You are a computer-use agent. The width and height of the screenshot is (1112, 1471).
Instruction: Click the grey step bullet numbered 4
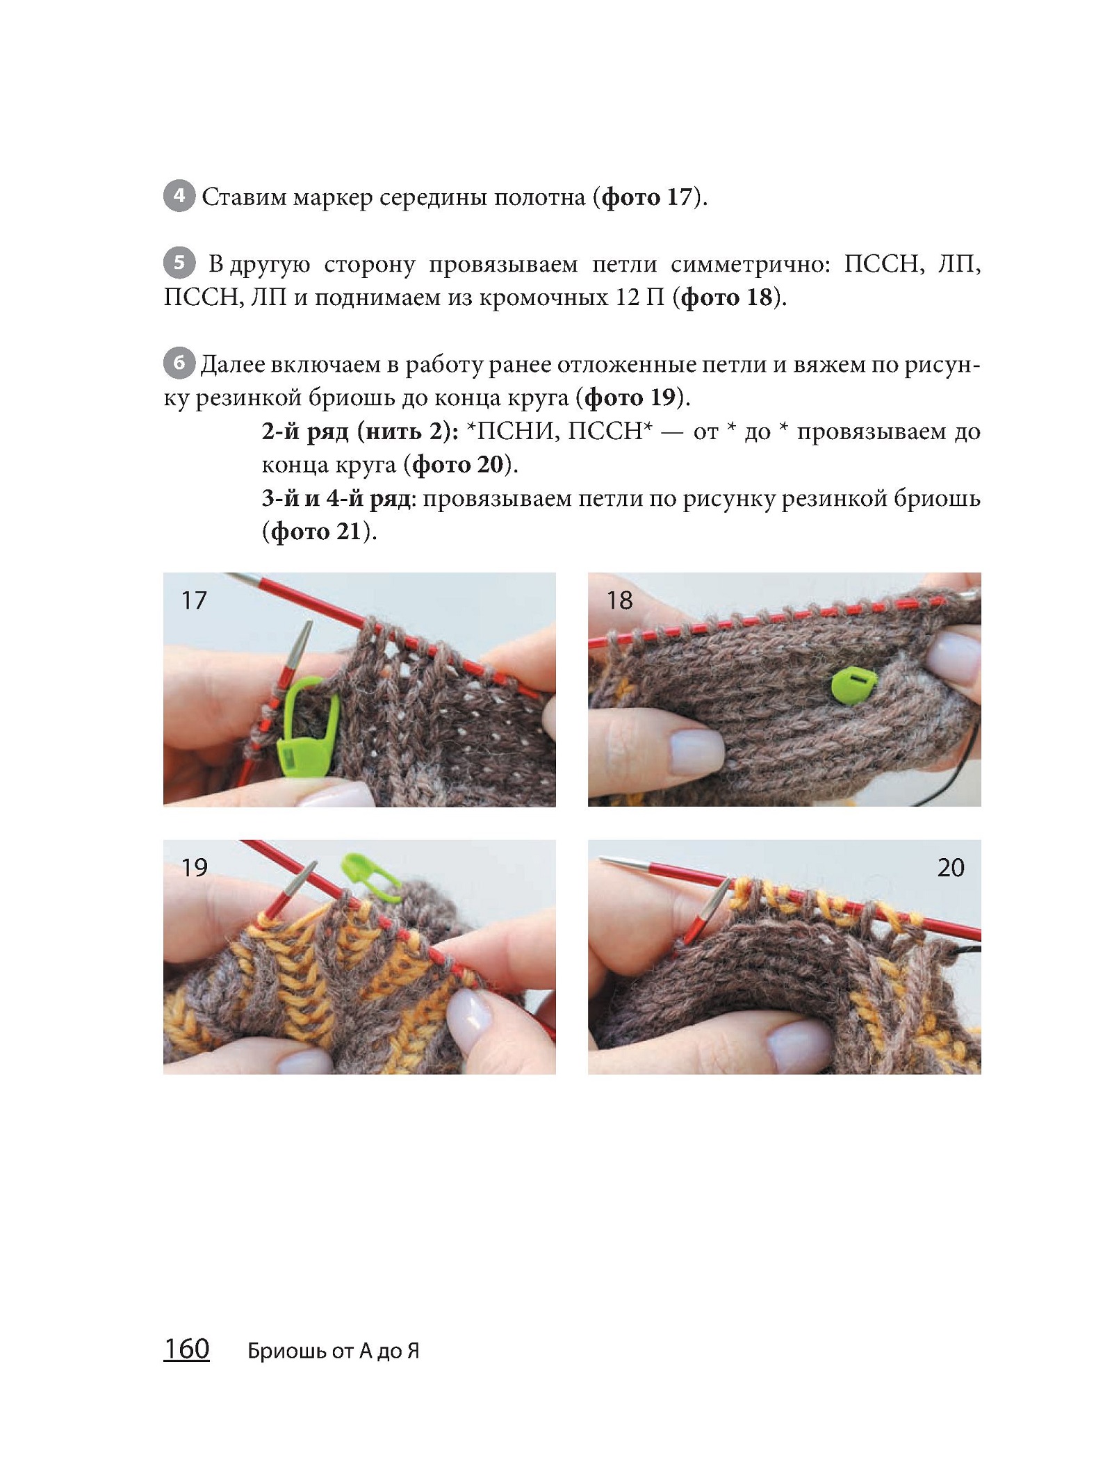point(179,196)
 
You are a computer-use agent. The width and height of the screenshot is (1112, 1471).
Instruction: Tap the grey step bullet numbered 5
point(179,263)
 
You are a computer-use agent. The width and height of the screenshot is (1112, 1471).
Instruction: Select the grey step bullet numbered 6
point(179,363)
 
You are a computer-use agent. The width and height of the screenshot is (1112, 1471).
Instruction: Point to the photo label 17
point(194,600)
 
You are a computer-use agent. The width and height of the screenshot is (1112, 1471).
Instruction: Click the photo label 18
point(619,600)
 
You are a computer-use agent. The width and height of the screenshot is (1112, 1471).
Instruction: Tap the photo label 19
point(195,868)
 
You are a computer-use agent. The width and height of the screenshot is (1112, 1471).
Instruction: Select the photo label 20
point(951,868)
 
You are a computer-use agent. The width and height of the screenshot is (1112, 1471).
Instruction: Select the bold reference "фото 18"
point(726,297)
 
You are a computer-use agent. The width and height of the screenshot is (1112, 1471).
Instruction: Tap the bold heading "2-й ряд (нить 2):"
point(360,432)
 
